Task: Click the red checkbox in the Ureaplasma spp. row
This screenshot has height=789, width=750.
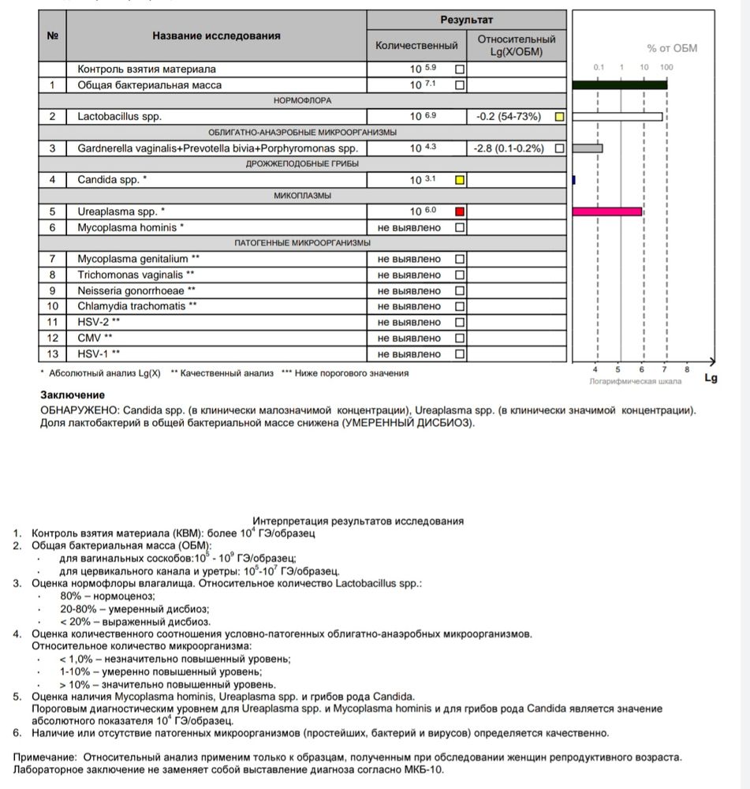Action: tap(461, 211)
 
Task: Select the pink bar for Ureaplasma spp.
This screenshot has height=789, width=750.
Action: tap(606, 211)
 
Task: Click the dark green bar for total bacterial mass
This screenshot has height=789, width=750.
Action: tap(620, 84)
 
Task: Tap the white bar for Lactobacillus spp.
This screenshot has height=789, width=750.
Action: tap(617, 117)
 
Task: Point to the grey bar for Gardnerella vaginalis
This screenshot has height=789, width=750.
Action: tap(588, 148)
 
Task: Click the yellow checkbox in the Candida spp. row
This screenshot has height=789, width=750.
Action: tap(461, 180)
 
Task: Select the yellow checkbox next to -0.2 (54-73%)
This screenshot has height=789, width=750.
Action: tap(559, 117)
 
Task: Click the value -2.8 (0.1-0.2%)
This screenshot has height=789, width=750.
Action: tap(509, 148)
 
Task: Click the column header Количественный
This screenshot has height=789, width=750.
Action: tap(416, 46)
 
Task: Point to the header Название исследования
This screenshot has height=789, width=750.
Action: tap(216, 36)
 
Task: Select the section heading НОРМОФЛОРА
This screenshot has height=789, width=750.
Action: tap(303, 101)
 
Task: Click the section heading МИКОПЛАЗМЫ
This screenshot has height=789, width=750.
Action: tap(303, 196)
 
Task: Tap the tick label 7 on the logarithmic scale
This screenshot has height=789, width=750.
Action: tap(664, 369)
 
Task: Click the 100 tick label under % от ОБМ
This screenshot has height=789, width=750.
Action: tap(666, 67)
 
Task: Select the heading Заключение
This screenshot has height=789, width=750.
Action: tap(73, 394)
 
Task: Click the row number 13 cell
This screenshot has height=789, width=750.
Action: tap(53, 353)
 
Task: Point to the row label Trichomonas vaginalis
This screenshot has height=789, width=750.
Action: tap(136, 275)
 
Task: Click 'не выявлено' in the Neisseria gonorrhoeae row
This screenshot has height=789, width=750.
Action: tap(409, 290)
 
